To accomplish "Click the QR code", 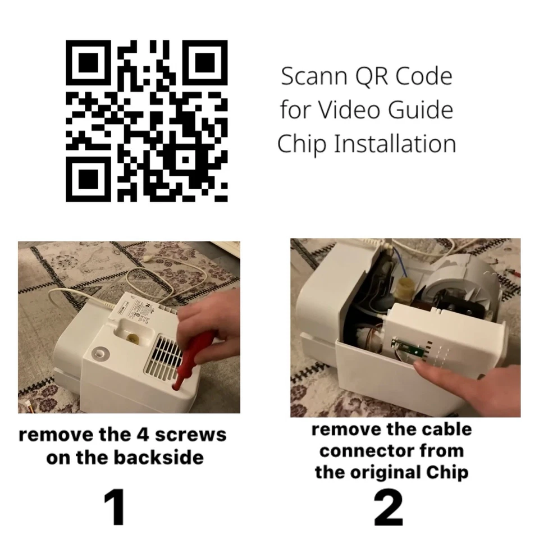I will coord(147,120).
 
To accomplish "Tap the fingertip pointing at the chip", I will coord(422,367).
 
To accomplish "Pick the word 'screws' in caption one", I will coord(190,435).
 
